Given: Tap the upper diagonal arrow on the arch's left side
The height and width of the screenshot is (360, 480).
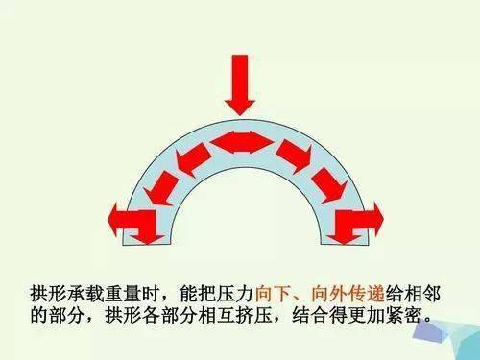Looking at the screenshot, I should pyautogui.click(x=190, y=158).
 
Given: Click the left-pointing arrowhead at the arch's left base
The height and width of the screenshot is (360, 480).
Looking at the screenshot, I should pyautogui.click(x=123, y=218).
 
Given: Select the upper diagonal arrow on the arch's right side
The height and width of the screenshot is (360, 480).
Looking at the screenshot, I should pyautogui.click(x=291, y=156).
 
